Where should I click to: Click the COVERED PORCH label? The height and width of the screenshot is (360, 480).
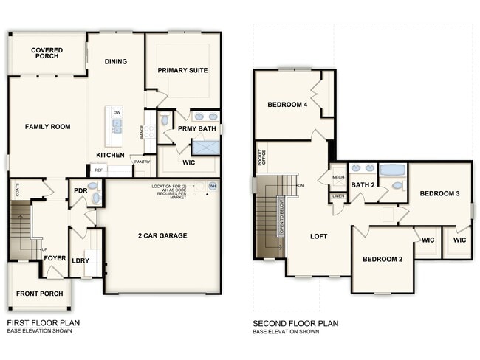[47, 54]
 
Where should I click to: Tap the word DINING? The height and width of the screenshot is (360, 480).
[116, 62]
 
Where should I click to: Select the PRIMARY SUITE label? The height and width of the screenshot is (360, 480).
[182, 70]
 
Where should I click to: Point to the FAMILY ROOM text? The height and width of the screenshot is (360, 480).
[47, 127]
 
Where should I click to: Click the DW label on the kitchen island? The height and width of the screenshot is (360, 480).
[117, 112]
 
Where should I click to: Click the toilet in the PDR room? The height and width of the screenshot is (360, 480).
[93, 187]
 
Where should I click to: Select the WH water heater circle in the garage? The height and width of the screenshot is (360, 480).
[213, 186]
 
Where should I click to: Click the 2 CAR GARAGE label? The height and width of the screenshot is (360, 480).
[162, 236]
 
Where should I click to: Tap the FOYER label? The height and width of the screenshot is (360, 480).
[55, 259]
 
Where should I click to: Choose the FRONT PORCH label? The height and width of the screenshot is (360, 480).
[39, 294]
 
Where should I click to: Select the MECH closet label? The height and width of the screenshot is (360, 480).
[338, 178]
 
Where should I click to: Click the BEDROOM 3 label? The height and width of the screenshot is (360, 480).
[439, 193]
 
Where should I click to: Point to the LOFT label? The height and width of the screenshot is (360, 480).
[318, 236]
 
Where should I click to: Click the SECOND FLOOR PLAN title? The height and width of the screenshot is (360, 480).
[295, 323]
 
